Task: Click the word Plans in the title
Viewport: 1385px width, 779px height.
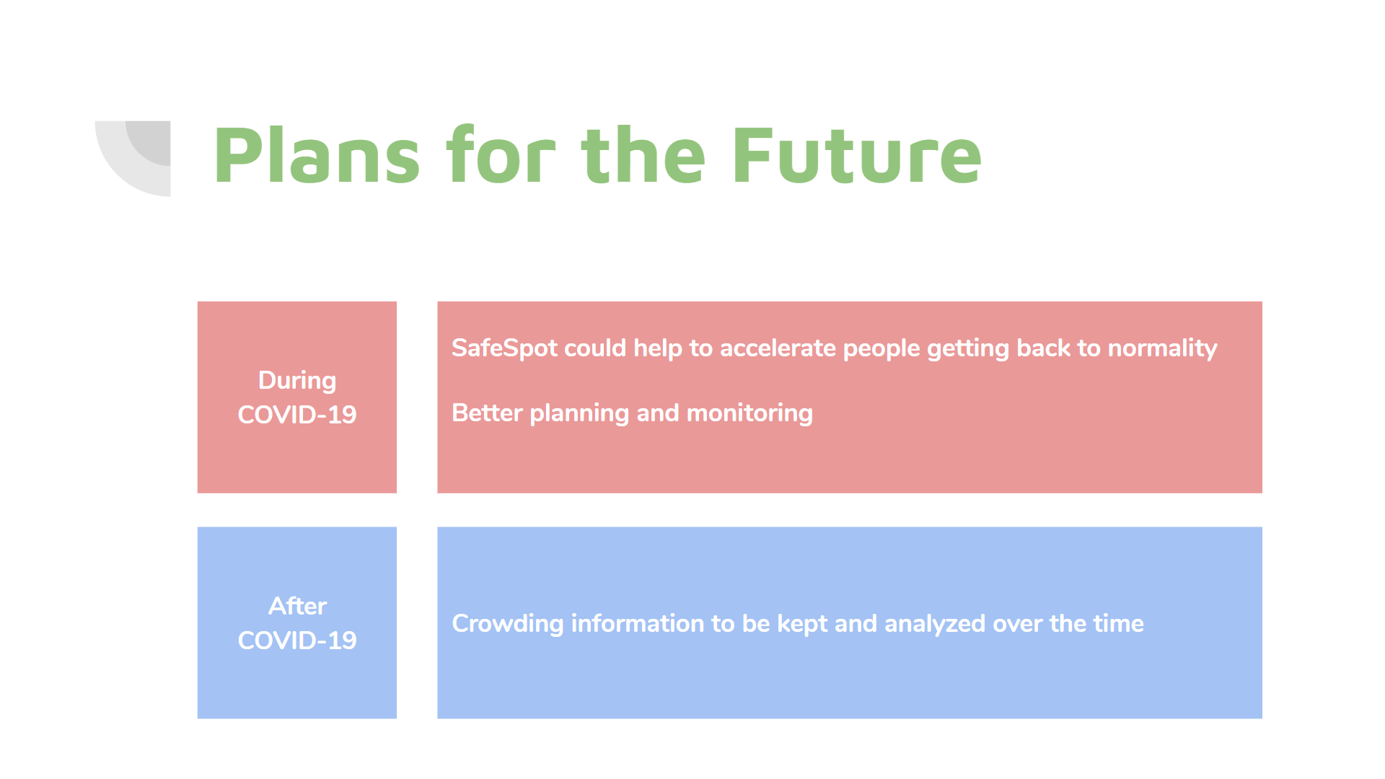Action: click(316, 156)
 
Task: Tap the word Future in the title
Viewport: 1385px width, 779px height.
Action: click(857, 156)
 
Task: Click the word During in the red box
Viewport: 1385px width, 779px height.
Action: click(297, 380)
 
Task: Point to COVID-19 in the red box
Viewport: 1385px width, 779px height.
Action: click(297, 415)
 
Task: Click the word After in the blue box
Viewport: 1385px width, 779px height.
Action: click(297, 606)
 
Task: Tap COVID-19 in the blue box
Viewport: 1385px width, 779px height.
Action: click(297, 641)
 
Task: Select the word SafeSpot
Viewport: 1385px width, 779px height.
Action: click(504, 348)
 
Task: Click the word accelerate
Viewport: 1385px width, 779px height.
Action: click(778, 348)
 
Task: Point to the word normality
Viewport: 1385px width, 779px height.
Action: click(1162, 348)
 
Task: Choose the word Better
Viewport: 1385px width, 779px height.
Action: click(487, 413)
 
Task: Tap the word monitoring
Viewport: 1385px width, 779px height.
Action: click(749, 413)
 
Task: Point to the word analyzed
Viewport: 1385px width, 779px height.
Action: click(934, 624)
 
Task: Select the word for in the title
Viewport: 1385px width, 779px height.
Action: click(501, 156)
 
